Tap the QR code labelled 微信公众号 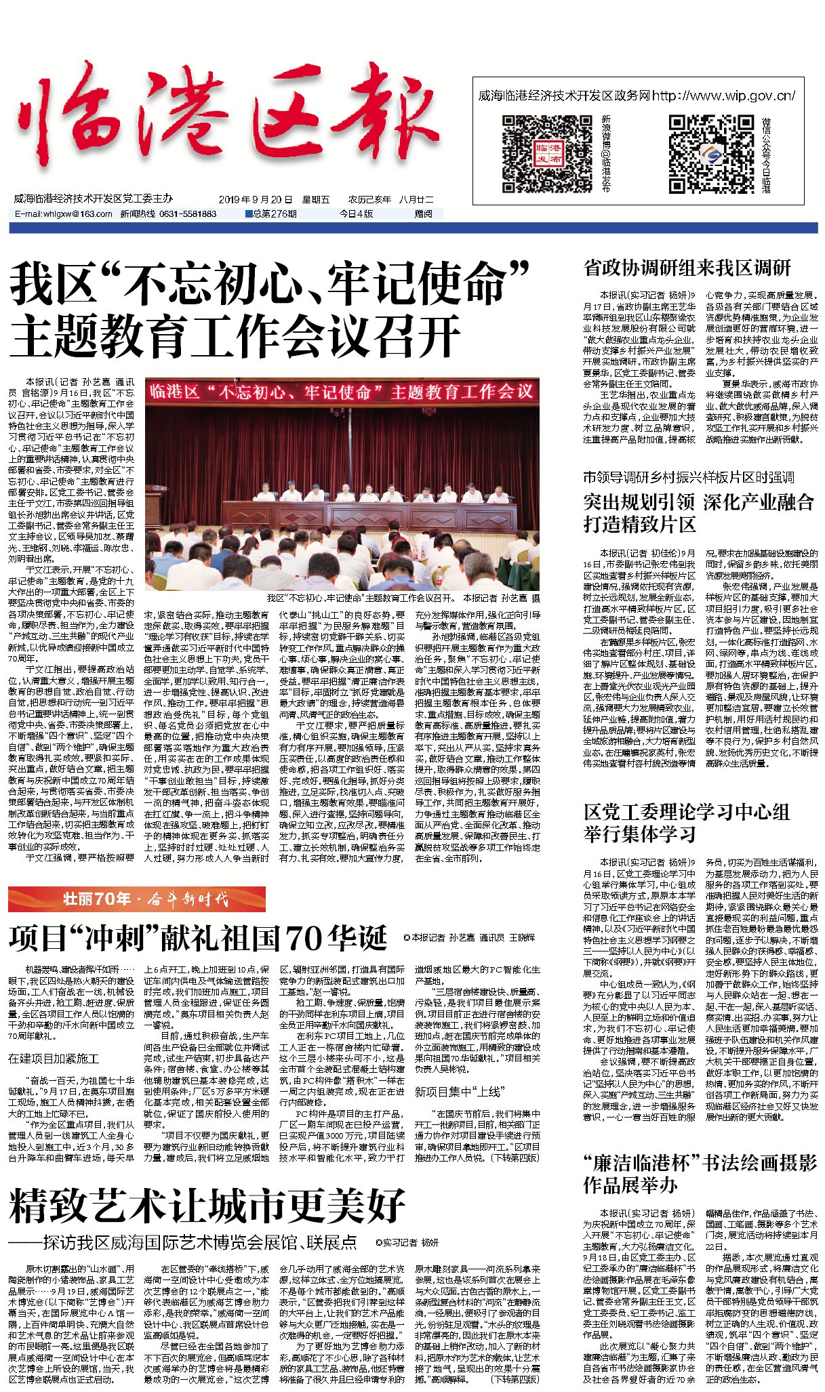tap(711, 154)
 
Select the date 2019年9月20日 tap(256, 199)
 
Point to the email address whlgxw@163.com tap(64, 213)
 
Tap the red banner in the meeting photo tap(342, 392)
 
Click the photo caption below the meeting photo tap(403, 598)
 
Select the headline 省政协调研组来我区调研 tap(687, 268)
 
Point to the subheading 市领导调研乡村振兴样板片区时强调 tap(688, 477)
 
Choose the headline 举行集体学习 tap(639, 834)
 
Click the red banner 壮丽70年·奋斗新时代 tap(137, 899)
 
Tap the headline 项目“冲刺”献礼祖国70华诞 tap(198, 938)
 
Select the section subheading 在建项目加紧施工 tap(54, 1059)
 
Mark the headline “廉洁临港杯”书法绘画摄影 tap(700, 1163)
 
